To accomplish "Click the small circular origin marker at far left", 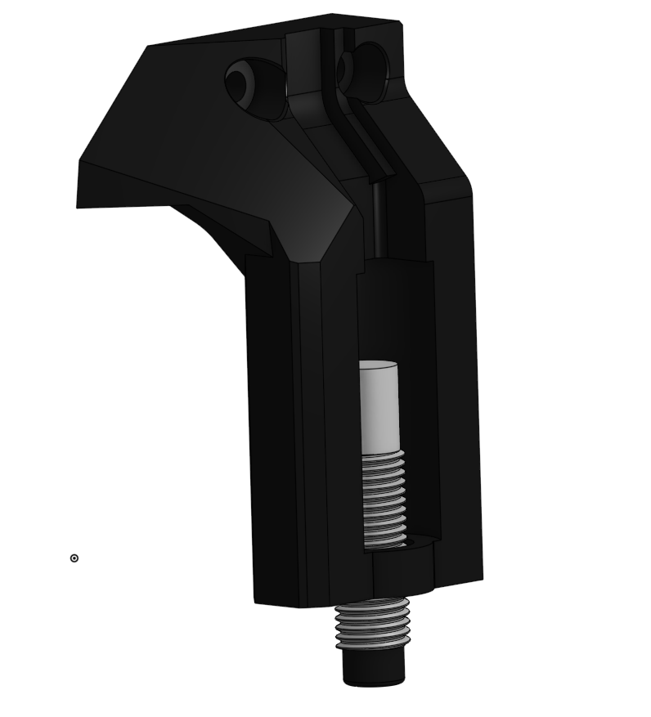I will point(74,558).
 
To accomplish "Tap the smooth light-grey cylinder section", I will point(379,409).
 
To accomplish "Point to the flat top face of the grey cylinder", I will point(378,364).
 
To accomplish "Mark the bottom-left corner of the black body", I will point(256,603).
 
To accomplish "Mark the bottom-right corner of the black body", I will point(481,578).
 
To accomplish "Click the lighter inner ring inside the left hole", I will point(239,82).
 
